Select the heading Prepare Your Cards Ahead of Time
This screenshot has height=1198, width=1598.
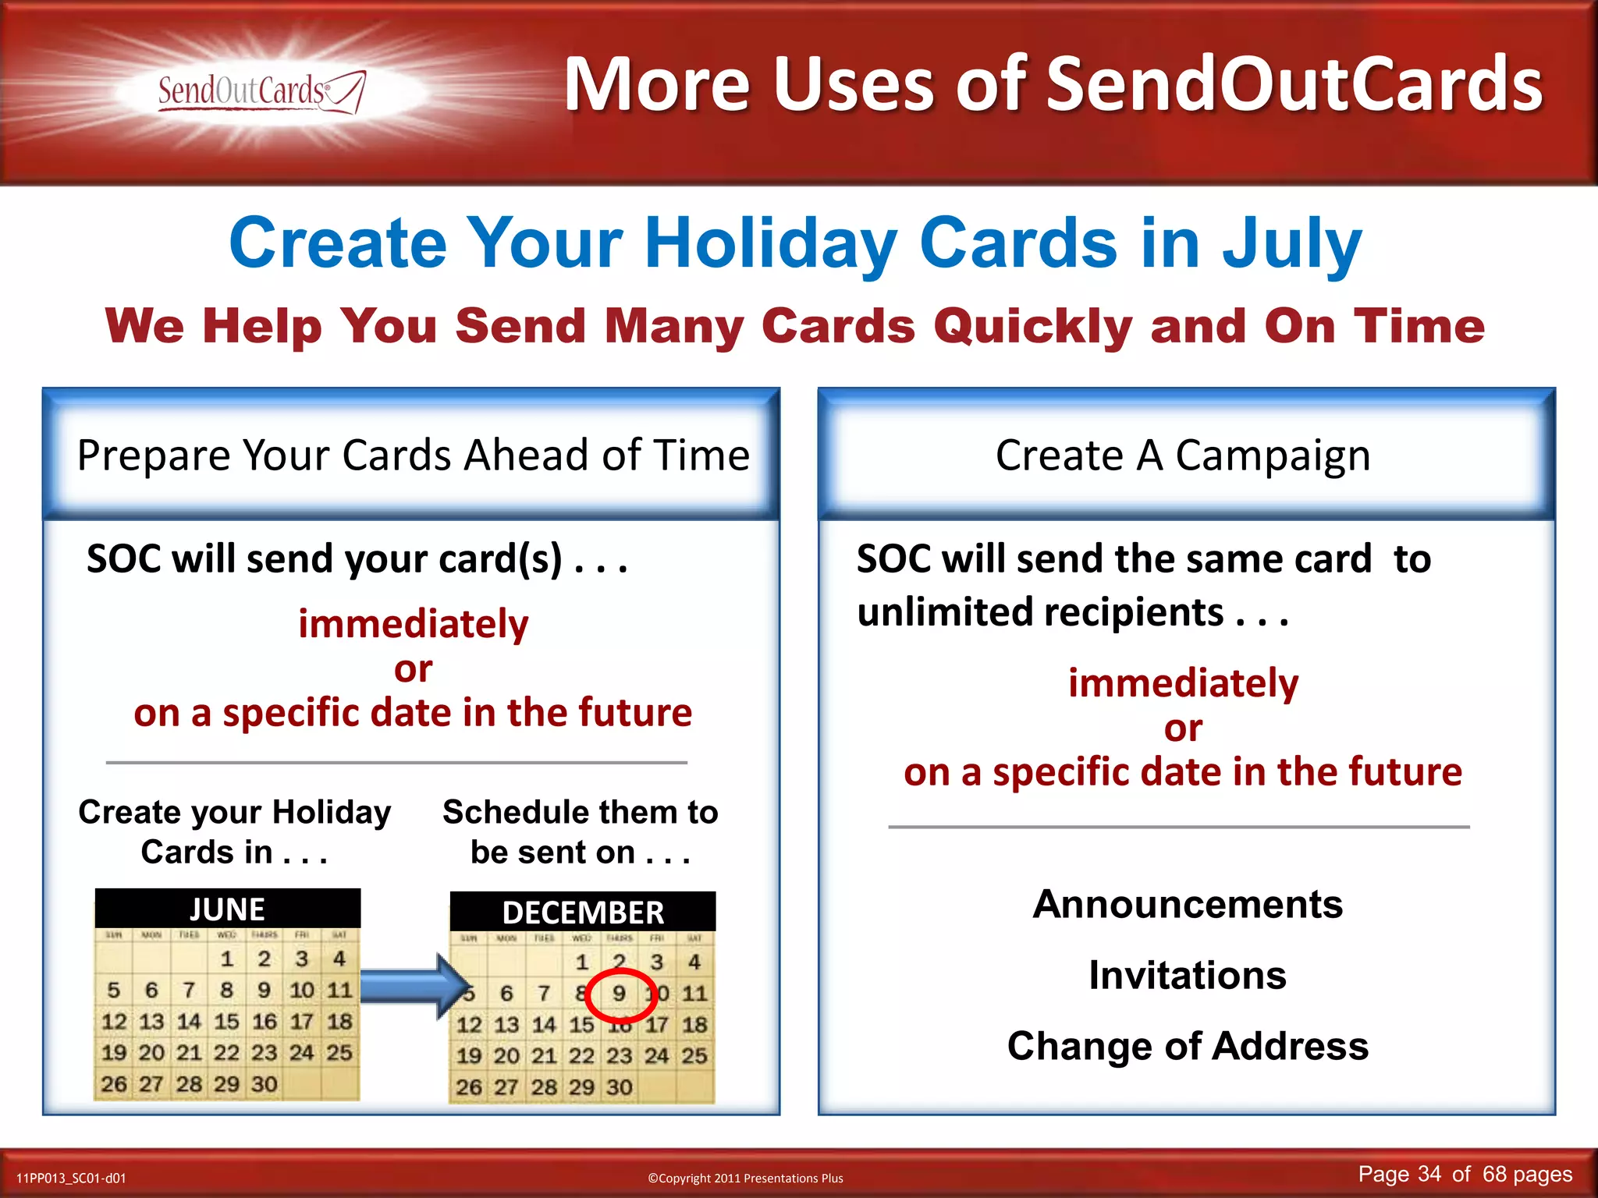[x=413, y=455]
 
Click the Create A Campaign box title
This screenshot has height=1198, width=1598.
[x=1183, y=455]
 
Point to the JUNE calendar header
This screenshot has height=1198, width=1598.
[x=227, y=909]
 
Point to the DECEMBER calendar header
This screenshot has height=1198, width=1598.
[x=583, y=913]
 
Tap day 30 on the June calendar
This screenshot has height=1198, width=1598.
[x=265, y=1084]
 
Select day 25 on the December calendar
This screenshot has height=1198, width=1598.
[x=694, y=1056]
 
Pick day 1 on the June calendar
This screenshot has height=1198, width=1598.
[x=227, y=959]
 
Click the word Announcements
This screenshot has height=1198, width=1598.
[x=1188, y=905]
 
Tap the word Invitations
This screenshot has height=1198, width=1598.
[x=1188, y=976]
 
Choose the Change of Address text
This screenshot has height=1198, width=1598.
[x=1188, y=1046]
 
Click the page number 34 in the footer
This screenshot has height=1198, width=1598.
[x=1429, y=1174]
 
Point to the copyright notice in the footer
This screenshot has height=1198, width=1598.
[x=745, y=1178]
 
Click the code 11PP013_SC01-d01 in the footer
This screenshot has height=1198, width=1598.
[x=71, y=1178]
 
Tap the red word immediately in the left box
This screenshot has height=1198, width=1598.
[x=413, y=624]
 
